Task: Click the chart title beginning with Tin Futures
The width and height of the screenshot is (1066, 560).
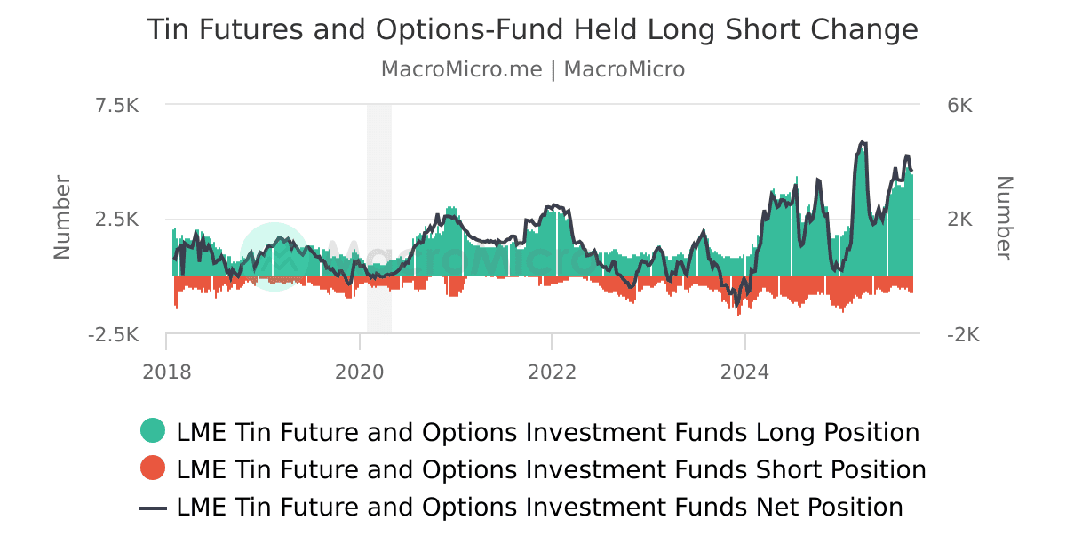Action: point(532,30)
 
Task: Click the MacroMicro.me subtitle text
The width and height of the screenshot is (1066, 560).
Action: point(532,69)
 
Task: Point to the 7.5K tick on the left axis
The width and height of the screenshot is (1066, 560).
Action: point(117,106)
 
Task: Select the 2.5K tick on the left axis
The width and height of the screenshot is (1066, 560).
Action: point(117,220)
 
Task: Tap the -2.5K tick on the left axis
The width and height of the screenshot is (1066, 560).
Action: point(114,335)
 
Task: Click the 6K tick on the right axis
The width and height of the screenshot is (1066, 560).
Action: point(959,106)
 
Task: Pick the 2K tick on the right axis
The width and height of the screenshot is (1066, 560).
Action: point(959,220)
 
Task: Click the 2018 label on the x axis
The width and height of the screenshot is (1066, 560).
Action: point(166,372)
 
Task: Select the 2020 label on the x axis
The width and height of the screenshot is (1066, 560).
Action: point(359,372)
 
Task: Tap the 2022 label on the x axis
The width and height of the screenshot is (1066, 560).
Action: point(552,372)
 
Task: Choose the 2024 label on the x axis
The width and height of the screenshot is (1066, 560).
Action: point(745,372)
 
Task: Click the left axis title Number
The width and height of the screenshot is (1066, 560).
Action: point(62,218)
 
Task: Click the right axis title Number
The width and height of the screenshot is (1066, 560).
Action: point(1003,218)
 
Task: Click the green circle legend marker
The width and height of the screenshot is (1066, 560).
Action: point(153,432)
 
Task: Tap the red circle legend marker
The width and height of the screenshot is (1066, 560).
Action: point(153,468)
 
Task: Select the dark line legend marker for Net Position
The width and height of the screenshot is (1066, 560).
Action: point(153,508)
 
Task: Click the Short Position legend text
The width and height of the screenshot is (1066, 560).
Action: point(551,468)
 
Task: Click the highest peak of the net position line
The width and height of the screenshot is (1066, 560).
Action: point(861,141)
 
